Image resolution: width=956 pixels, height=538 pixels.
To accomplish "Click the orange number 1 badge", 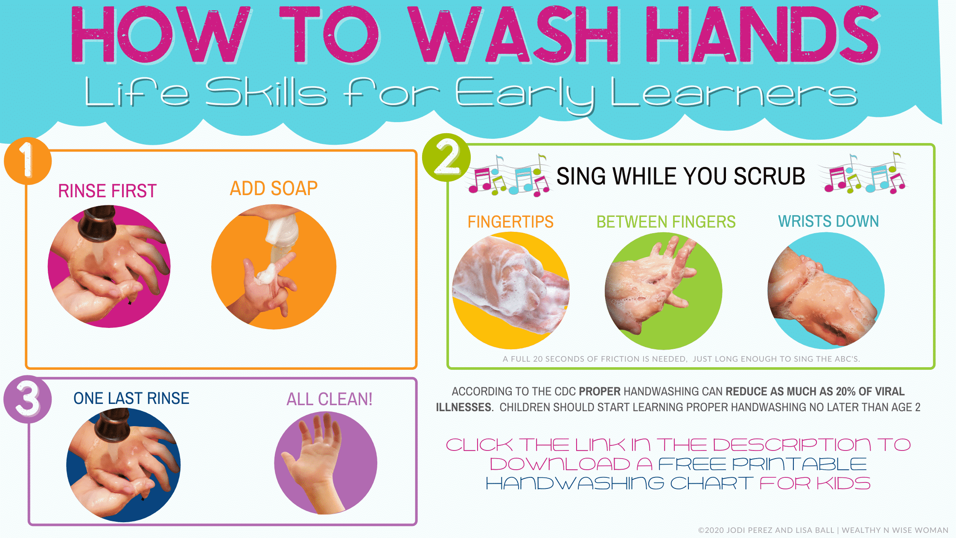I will (x=27, y=161).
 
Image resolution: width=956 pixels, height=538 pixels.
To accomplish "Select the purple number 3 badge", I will (x=28, y=399).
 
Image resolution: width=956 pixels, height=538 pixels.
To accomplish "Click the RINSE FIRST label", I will (x=107, y=191).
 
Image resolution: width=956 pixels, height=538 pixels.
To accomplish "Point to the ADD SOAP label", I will (x=274, y=188).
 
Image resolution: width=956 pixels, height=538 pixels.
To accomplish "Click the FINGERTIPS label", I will (x=510, y=222).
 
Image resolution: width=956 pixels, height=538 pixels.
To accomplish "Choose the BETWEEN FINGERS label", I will (x=666, y=222).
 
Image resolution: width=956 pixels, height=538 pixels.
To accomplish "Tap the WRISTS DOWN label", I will (x=828, y=221).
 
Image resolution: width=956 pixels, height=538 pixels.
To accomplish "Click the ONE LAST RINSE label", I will (x=131, y=398).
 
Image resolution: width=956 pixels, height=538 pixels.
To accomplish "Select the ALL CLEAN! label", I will (x=329, y=399).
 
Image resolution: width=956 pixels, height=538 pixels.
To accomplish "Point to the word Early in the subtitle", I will (x=525, y=94).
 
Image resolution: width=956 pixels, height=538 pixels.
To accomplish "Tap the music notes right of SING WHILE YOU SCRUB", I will (x=865, y=174).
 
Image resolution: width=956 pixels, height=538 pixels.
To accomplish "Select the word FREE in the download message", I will (x=692, y=464).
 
